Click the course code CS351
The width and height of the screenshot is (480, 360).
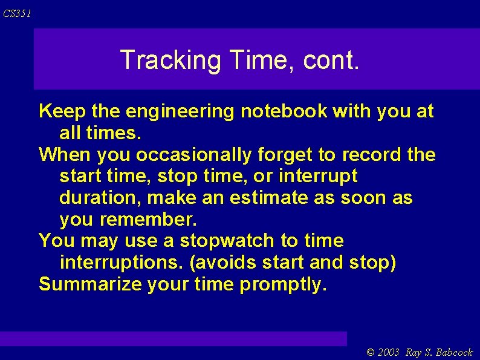point(16,13)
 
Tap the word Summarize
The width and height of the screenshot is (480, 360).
point(90,284)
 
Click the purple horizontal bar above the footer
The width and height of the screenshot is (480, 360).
point(174,338)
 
